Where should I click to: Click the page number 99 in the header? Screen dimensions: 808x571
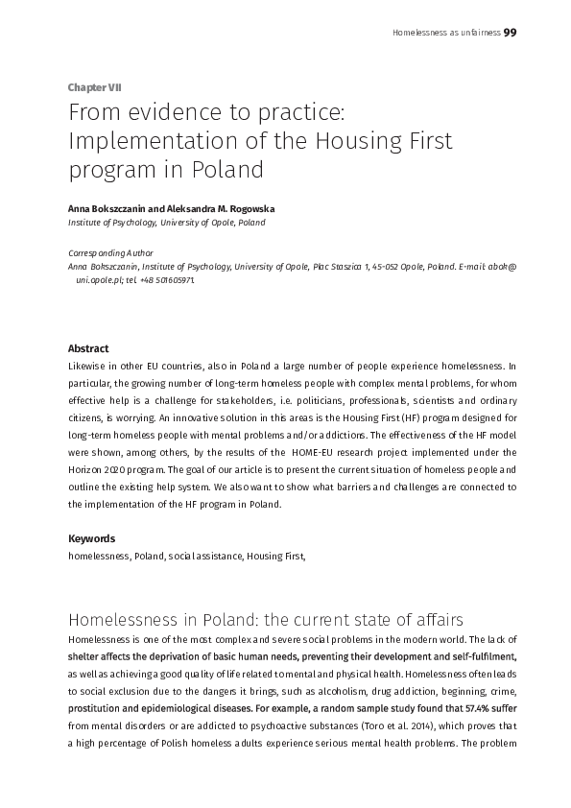(511, 32)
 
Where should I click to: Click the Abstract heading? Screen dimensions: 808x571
(88, 349)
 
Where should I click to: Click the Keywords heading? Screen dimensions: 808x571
(91, 538)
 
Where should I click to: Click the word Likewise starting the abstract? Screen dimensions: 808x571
(89, 367)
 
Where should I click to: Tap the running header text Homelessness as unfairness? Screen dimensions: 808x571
(446, 33)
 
